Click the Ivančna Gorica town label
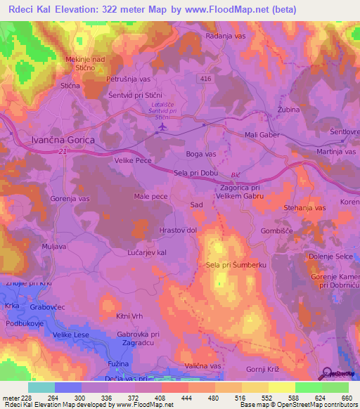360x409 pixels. [53, 141]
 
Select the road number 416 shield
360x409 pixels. [205, 79]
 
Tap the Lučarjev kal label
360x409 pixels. [146, 251]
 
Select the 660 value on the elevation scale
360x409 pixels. [346, 398]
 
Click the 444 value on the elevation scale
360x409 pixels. [186, 398]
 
